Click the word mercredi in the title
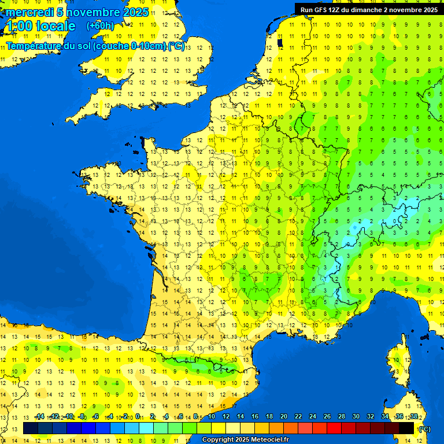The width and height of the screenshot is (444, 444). [26, 12]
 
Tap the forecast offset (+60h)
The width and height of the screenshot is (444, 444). [100, 26]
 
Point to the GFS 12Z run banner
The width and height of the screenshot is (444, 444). [369, 10]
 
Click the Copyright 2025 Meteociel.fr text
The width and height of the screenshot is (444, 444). [245, 440]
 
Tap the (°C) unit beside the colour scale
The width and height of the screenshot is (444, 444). [424, 429]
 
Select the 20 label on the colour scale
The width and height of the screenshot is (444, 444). [284, 417]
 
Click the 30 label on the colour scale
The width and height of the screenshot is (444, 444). [356, 417]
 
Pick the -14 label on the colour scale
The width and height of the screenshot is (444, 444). [39, 417]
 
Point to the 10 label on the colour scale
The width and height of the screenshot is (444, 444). [212, 417]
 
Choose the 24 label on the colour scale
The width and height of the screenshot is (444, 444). [313, 417]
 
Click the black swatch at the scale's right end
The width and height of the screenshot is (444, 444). [406, 428]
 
